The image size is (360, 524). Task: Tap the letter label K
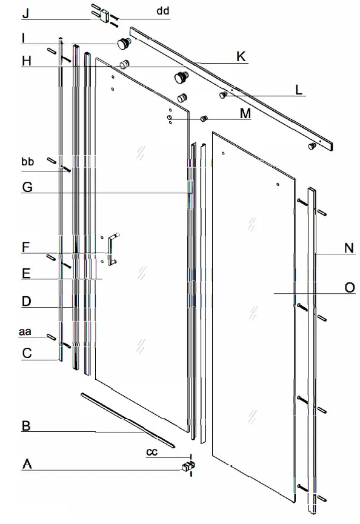point(241,57)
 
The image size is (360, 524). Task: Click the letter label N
point(348,247)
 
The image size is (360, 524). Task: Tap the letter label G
point(27,187)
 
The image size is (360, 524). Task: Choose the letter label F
point(25,247)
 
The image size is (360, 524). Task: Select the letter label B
point(26,426)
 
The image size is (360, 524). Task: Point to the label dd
point(163,11)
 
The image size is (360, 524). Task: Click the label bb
point(27,162)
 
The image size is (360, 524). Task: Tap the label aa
point(25,331)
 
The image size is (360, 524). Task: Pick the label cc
point(153,452)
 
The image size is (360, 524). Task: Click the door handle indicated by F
point(112,249)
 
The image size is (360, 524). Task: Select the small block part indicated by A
point(188,466)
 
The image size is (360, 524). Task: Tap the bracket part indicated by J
point(104,14)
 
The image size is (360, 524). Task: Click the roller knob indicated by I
point(125,43)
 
